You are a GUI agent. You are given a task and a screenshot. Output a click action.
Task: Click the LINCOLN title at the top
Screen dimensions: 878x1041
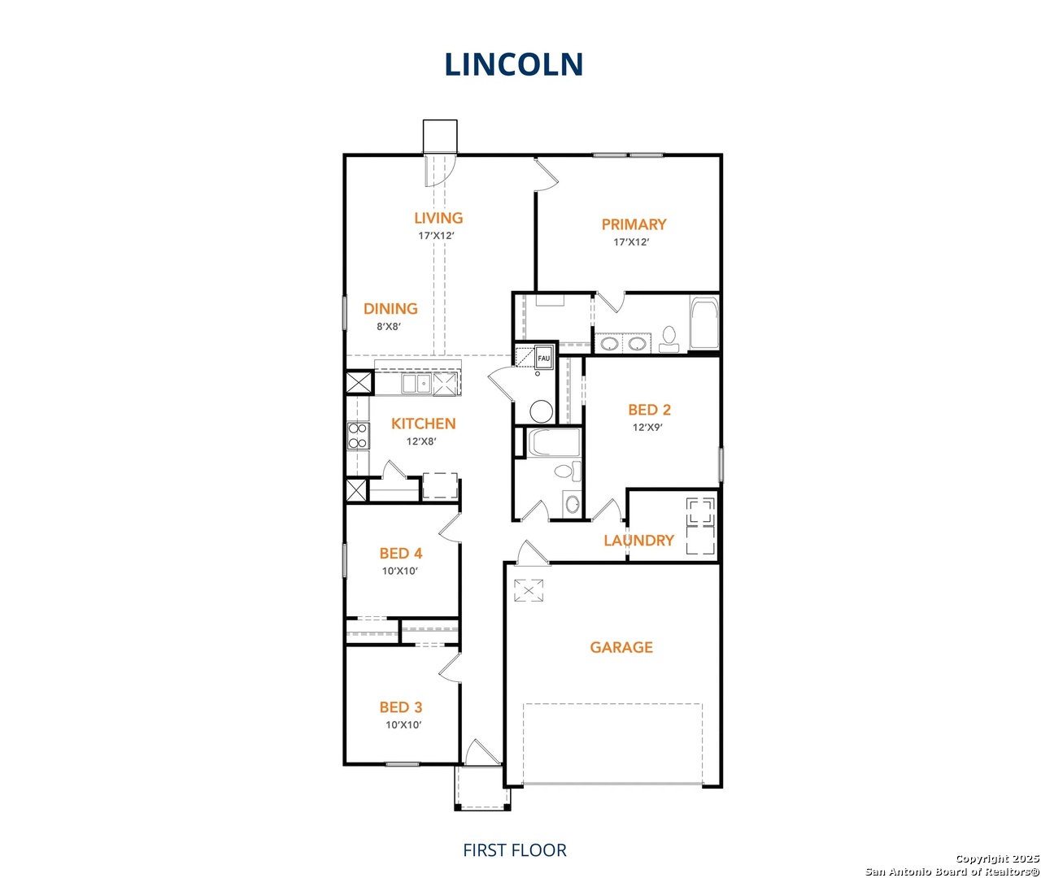click(514, 65)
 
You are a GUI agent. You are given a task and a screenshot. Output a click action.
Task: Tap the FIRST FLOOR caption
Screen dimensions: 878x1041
click(515, 850)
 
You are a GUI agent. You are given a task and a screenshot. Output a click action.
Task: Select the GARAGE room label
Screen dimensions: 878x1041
click(621, 647)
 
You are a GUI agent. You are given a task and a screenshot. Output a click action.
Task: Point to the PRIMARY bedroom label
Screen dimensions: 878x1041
click(634, 224)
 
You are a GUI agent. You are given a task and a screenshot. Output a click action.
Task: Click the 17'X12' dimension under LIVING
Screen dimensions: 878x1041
click(436, 236)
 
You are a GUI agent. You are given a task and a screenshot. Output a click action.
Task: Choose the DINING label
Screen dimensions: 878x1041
click(390, 309)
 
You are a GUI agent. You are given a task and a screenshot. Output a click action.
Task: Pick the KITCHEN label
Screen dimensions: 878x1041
click(423, 424)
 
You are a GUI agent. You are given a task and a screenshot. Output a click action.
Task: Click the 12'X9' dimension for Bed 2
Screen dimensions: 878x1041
click(647, 428)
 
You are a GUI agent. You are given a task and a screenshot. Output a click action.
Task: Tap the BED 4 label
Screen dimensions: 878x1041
click(401, 554)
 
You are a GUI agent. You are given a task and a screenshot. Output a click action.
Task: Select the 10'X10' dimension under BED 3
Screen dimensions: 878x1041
click(403, 725)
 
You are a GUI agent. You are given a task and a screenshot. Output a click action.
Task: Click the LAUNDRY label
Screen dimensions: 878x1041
click(638, 541)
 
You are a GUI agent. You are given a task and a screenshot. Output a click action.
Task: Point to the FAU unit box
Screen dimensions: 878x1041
click(543, 358)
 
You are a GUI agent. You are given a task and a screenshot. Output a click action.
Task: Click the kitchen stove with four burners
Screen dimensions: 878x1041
click(358, 436)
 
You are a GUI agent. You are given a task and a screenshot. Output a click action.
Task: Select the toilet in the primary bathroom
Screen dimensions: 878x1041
click(669, 337)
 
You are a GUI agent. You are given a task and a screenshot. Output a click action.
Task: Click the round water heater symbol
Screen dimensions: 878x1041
click(542, 411)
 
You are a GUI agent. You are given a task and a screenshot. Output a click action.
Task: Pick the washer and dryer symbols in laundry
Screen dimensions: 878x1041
click(700, 527)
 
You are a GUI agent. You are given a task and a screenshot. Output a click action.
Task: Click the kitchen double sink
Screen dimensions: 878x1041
click(416, 384)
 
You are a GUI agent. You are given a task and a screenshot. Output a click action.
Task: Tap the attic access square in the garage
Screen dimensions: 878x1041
click(529, 590)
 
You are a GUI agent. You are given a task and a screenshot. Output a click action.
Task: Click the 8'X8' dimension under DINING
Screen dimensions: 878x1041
click(389, 327)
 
